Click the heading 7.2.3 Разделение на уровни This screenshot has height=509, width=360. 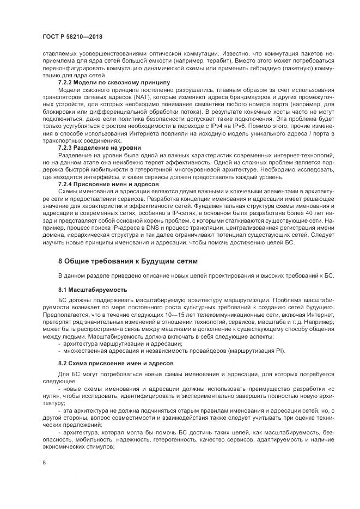click(x=99, y=148)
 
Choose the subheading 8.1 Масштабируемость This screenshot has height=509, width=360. click(x=93, y=289)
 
